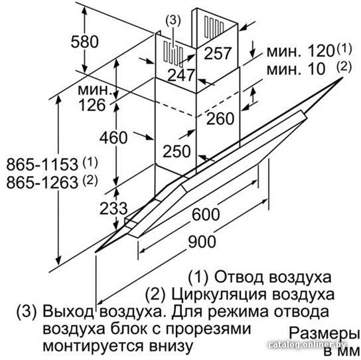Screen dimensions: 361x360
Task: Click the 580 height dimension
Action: click(x=84, y=42)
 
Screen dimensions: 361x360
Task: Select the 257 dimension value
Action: click(x=217, y=54)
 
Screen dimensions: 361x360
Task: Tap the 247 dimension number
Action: click(x=181, y=75)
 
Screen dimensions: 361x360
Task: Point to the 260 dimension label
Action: click(x=220, y=119)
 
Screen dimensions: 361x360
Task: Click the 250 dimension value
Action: click(x=177, y=151)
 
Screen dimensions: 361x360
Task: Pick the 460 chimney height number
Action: click(x=113, y=137)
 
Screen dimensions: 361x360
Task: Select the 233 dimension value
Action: click(x=113, y=209)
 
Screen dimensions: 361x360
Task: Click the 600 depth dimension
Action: click(x=206, y=215)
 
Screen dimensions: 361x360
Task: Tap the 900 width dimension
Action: click(x=202, y=242)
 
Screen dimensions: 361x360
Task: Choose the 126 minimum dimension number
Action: click(x=92, y=105)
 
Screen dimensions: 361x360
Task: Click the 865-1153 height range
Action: click(x=42, y=165)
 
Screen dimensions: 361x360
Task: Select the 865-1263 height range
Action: click(x=42, y=182)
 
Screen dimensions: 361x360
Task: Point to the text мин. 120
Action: click(x=300, y=51)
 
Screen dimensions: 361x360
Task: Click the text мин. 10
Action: click(x=296, y=68)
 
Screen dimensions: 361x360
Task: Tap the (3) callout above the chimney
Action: click(x=173, y=21)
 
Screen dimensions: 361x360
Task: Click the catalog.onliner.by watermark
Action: click(x=307, y=345)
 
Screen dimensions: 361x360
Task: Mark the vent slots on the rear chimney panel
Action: click(x=214, y=27)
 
